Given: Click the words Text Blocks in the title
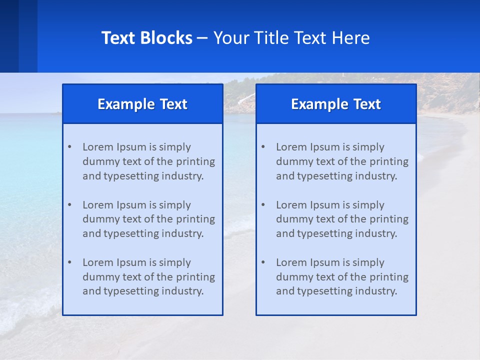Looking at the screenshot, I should (x=146, y=38).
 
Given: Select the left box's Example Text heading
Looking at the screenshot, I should (x=142, y=104).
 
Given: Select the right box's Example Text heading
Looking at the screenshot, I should (x=336, y=104).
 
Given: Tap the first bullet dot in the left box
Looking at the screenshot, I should (x=69, y=147).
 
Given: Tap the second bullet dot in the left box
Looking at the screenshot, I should (x=69, y=205).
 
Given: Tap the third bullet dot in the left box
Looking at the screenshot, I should (x=69, y=262).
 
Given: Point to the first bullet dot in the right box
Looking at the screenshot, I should (x=263, y=147).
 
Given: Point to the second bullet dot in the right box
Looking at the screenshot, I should (x=263, y=205).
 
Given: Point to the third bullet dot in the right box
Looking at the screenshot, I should (x=263, y=262).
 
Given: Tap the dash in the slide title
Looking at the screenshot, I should (x=202, y=38).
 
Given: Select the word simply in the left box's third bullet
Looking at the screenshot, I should (x=175, y=262).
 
